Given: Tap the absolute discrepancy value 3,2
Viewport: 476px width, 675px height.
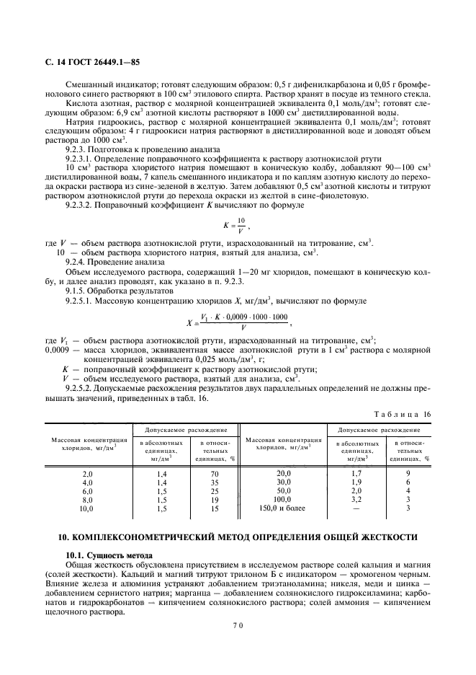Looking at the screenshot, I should pos(356,499).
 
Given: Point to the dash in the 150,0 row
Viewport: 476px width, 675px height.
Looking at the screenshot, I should pos(356,508).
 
